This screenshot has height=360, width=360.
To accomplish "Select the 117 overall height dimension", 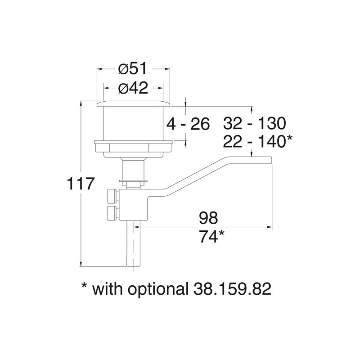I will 81,184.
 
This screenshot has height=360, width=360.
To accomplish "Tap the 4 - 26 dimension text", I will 189,124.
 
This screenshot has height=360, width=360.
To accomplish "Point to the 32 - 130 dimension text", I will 254,123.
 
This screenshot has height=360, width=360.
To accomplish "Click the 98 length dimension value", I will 208,218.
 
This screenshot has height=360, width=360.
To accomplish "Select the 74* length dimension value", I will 211,236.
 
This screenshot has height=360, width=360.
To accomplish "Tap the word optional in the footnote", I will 152,289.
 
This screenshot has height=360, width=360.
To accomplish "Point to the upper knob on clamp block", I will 111,197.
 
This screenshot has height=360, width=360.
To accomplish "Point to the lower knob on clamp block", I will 111,213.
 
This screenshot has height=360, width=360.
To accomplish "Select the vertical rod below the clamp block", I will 134,247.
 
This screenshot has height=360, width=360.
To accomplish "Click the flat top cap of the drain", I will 134,104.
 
